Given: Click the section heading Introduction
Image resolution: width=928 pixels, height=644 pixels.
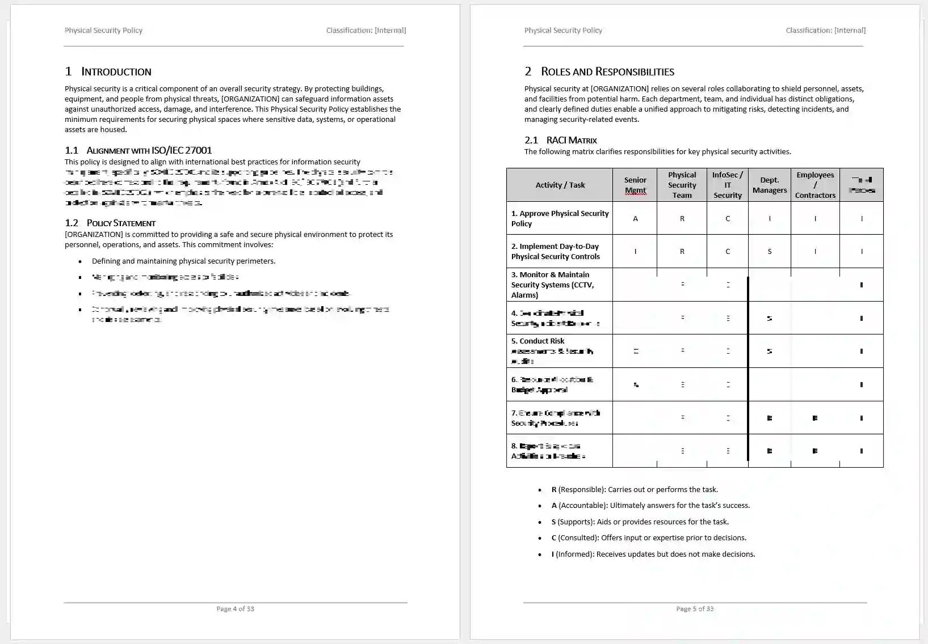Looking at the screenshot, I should coord(116,71).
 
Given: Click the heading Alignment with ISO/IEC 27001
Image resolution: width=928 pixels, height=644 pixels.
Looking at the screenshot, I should coord(149,150).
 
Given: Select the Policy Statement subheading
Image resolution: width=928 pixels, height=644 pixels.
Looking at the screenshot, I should coord(121,223).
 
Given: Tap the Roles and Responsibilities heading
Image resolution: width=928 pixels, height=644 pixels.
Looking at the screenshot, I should coord(607,71).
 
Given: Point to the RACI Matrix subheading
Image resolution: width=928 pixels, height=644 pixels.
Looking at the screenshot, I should coord(572,140).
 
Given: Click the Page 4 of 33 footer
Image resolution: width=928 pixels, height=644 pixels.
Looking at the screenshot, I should coord(235,609).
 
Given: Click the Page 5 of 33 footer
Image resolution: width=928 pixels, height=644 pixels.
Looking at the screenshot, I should coord(695,609).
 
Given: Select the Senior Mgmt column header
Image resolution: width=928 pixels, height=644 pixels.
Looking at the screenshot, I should coord(635,185).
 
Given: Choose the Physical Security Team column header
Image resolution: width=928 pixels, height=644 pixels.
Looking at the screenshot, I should coord(682,185).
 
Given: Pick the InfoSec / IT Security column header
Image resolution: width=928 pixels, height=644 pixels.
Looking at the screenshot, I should coord(728,185).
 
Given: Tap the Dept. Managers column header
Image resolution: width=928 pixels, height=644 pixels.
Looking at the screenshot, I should coord(770,185).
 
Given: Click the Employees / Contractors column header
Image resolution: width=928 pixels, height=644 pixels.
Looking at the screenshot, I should coord(815,185).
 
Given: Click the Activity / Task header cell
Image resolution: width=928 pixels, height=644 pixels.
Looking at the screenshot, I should coord(560,185).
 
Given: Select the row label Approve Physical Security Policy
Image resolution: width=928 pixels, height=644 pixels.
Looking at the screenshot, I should coord(559,218).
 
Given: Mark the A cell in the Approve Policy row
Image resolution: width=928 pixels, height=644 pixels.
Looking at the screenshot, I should coord(635,219).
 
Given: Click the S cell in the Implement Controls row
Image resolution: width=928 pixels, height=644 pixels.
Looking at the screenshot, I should coord(770,252).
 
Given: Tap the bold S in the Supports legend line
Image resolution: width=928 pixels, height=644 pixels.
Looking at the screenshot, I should coord(554,522).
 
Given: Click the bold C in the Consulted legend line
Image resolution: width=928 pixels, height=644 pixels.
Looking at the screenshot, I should coord(554,538).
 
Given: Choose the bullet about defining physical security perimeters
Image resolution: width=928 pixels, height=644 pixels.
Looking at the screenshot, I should coord(183,261).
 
